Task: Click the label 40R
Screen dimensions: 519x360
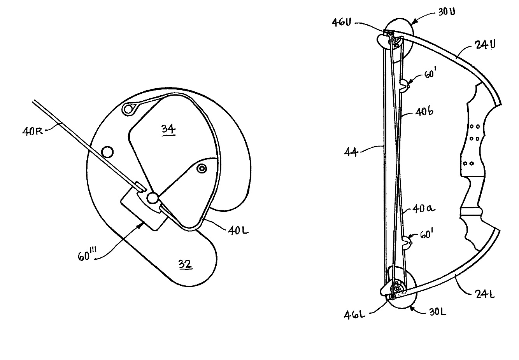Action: [x=32, y=131]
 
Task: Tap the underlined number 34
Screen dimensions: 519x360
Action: [x=168, y=129]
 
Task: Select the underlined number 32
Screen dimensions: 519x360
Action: [x=185, y=264]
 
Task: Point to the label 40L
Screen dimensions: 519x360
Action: [x=238, y=231]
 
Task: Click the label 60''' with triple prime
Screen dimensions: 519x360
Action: [x=87, y=254]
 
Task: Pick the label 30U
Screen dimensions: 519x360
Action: [x=447, y=12]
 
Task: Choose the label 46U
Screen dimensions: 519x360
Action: [x=342, y=23]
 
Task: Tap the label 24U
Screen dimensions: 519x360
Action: [x=486, y=44]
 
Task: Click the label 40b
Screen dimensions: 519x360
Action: [x=424, y=112]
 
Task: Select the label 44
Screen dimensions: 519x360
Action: [x=351, y=152]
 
